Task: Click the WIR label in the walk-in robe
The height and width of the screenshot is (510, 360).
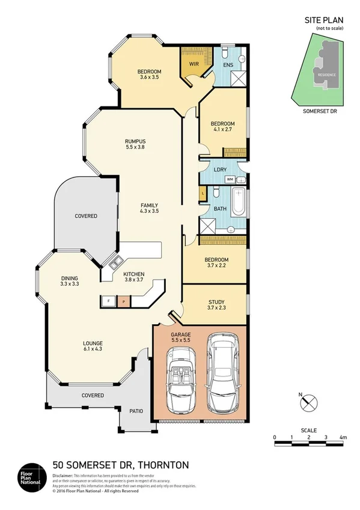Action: coord(194,63)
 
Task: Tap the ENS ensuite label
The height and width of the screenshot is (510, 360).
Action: coord(228,64)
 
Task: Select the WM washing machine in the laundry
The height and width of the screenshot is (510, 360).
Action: coord(230,179)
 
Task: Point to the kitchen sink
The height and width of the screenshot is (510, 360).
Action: coord(112,262)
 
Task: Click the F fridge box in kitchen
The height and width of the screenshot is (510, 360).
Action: coord(108,300)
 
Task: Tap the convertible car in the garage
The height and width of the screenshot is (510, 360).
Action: coord(179,386)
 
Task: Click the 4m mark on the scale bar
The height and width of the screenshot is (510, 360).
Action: coord(343,437)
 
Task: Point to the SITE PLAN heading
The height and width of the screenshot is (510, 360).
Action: coord(324,20)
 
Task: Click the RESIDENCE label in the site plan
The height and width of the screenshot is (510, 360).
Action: coord(327,75)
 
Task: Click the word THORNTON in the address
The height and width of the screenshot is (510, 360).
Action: coord(164,464)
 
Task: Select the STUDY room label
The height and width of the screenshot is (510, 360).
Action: coord(216,302)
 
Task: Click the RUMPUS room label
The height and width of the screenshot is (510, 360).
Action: coord(136,141)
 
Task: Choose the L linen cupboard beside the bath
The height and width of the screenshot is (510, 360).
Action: coord(203,194)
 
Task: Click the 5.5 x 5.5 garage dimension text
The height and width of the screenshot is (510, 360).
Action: coord(180,340)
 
